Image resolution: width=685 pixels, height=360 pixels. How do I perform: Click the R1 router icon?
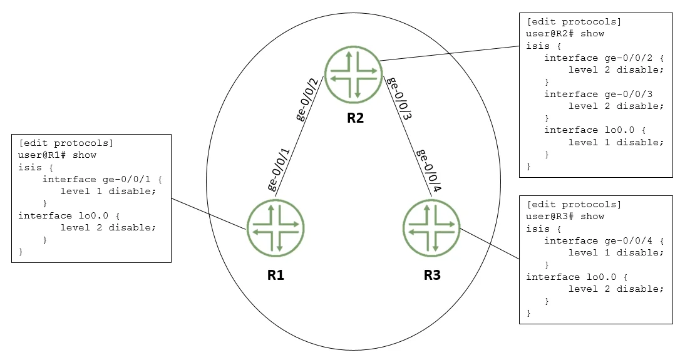pos(276,228)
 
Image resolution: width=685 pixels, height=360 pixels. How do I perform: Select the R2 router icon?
pos(353,75)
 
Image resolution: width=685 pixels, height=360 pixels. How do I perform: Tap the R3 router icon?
pos(431,228)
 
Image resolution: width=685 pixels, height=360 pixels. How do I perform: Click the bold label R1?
pos(276,275)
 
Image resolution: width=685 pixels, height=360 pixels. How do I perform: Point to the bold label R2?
pos(355,118)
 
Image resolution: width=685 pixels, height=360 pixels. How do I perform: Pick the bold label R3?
pos(432,275)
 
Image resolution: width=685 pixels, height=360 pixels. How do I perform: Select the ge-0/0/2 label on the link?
pos(307,99)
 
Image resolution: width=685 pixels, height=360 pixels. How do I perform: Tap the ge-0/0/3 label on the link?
pos(399,98)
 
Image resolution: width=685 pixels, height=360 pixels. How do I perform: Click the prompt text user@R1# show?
pos(57,155)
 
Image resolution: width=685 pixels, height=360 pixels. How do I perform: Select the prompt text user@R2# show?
pos(565,34)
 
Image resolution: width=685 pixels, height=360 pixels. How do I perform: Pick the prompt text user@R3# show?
pos(565,216)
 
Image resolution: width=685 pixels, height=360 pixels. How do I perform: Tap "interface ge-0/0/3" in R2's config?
pos(599,95)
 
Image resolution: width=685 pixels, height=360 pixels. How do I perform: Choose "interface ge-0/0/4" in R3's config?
pos(599,240)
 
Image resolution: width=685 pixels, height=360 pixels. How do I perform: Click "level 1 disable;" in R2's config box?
pos(616,142)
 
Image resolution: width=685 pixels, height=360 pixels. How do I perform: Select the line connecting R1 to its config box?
pos(209,213)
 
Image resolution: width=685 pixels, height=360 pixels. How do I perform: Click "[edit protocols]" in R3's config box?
pos(574,205)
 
